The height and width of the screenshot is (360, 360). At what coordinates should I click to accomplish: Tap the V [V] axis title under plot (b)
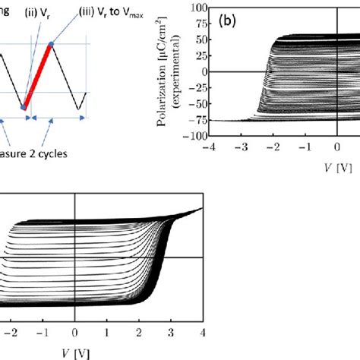point(336,163)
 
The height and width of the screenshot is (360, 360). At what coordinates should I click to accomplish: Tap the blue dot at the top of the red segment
point(51,44)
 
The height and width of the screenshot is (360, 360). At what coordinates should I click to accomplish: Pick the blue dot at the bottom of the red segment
point(24,108)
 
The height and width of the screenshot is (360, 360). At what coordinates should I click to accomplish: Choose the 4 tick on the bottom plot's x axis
point(201,332)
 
